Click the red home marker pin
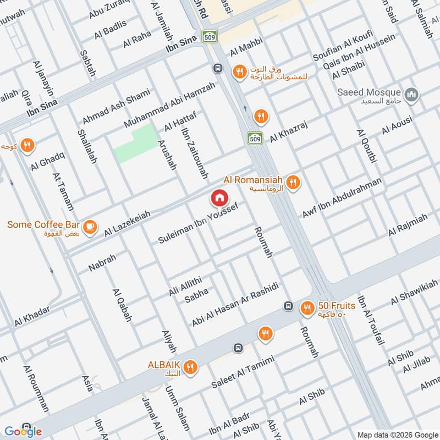pos(219,198)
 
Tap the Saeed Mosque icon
pos(411,95)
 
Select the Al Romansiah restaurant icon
pos(294,182)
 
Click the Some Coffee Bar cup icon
pos(90,225)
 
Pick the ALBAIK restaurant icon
pos(190,367)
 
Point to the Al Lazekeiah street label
pos(127,223)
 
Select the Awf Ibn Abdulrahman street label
pos(342,199)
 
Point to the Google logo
pos(23,431)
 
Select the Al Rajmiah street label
pos(408,225)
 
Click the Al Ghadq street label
pos(48,159)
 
